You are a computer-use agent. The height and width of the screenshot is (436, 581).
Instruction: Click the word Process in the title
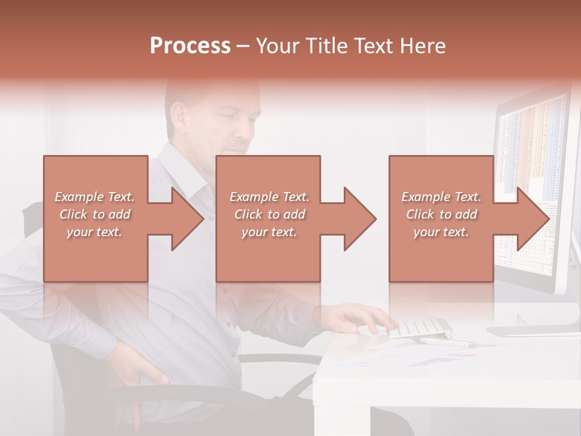(x=190, y=46)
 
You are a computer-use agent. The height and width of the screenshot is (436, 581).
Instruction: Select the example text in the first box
(x=95, y=214)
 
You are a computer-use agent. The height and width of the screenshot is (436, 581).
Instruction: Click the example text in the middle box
(x=269, y=214)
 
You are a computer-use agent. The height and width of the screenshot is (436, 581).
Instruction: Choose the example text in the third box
(x=441, y=214)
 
